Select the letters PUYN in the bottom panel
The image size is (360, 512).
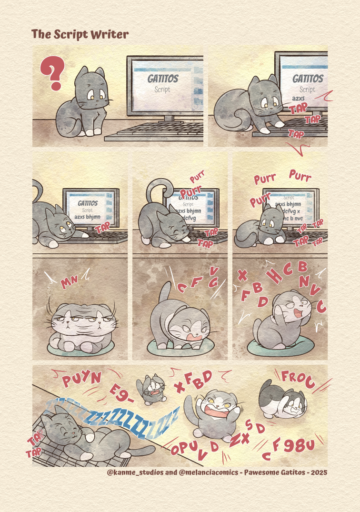82,379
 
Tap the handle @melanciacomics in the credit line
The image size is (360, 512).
203,473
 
